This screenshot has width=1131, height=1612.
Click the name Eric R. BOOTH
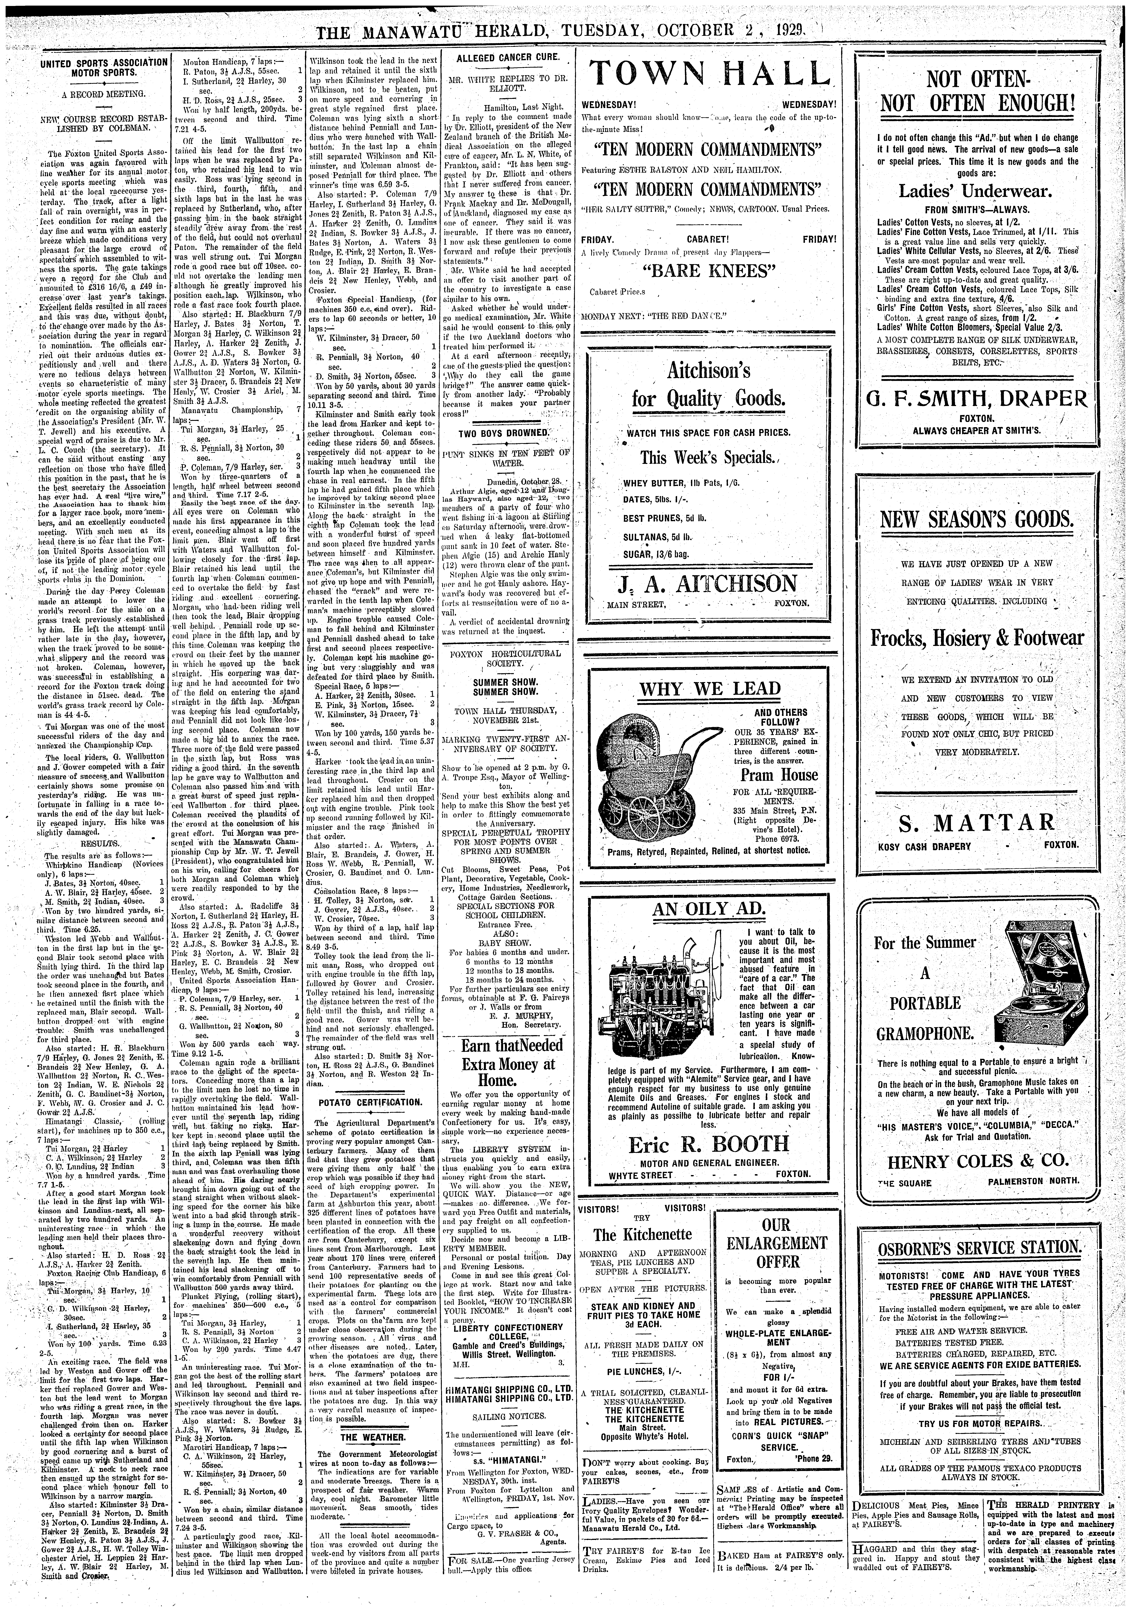pos(708,1145)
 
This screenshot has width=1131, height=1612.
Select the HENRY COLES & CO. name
pos(972,1160)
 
